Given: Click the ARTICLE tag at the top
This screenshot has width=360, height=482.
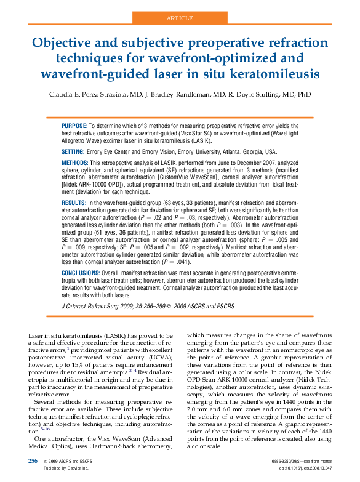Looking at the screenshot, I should (180, 18).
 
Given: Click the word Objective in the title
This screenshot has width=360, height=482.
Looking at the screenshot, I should (64, 44).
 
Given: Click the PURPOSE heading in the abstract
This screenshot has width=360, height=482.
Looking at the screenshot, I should (74, 125).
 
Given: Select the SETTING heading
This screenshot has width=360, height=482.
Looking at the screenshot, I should (73, 151).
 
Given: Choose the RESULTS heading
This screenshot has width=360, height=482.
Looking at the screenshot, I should (74, 202).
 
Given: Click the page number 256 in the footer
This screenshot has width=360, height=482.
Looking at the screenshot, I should (33, 460).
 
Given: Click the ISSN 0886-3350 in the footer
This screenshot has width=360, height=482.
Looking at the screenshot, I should (284, 461).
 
